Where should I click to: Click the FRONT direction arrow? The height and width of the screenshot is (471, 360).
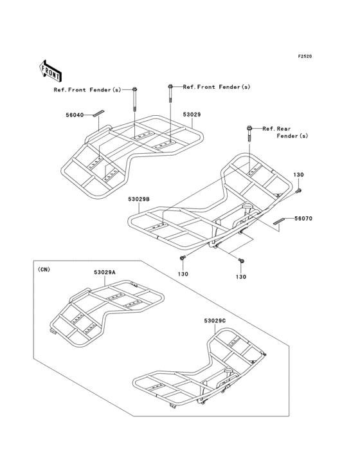tap(50, 71)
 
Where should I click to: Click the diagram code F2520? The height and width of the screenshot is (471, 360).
tap(305, 56)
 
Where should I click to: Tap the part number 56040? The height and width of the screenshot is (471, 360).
tap(75, 115)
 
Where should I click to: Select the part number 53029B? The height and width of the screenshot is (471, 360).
tap(139, 199)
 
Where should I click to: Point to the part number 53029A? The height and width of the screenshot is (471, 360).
tap(105, 272)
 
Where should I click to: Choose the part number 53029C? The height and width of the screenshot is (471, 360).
tap(215, 321)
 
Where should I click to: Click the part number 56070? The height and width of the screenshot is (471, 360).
tap(303, 219)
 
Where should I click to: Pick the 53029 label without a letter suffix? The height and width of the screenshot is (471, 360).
tap(192, 115)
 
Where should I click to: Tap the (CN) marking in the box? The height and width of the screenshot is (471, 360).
tap(44, 270)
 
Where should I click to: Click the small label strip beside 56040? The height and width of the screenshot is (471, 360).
tap(98, 113)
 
